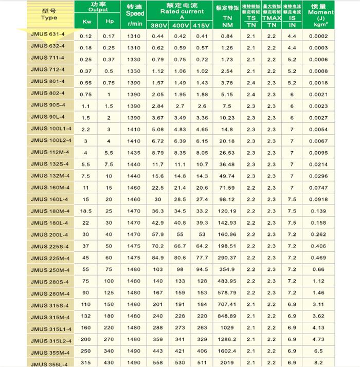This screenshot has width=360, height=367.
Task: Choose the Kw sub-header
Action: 86,23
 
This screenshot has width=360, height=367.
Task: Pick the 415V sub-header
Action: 203,25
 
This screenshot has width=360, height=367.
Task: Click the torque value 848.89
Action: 227,316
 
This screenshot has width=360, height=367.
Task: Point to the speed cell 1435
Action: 134,153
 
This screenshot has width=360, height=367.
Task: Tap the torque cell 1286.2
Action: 227,340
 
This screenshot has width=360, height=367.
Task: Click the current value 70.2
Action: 157,246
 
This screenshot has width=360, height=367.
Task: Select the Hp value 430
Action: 109,363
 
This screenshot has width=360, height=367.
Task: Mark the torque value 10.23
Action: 227,117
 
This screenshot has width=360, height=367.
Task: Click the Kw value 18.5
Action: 86,211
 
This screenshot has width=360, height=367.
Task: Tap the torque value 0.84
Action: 227,36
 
